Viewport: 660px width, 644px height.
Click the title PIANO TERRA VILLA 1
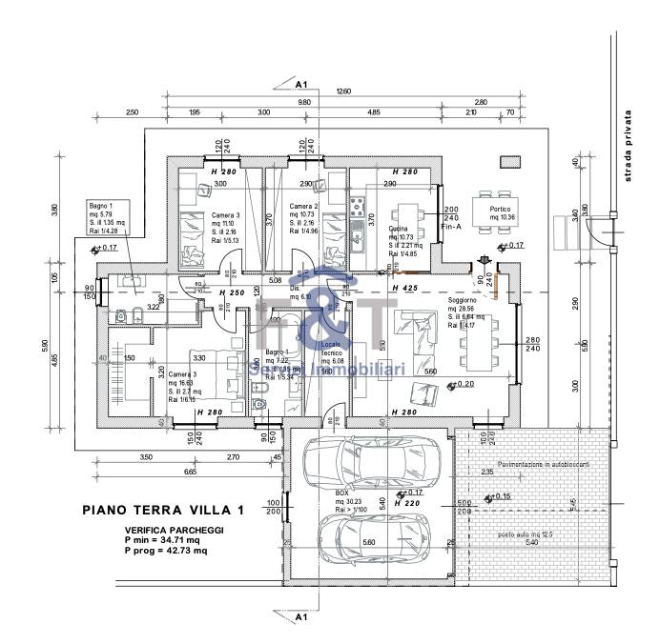(162, 510)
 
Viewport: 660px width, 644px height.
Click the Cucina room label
(399, 230)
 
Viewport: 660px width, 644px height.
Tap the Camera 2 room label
(303, 208)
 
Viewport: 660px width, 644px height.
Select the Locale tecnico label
(331, 348)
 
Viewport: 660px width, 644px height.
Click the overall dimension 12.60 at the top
(342, 91)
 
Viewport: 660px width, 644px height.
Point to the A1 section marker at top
(299, 84)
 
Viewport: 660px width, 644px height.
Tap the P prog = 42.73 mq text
(166, 552)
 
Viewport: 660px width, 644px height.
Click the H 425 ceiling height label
(406, 287)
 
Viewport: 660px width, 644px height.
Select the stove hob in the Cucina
(359, 205)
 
